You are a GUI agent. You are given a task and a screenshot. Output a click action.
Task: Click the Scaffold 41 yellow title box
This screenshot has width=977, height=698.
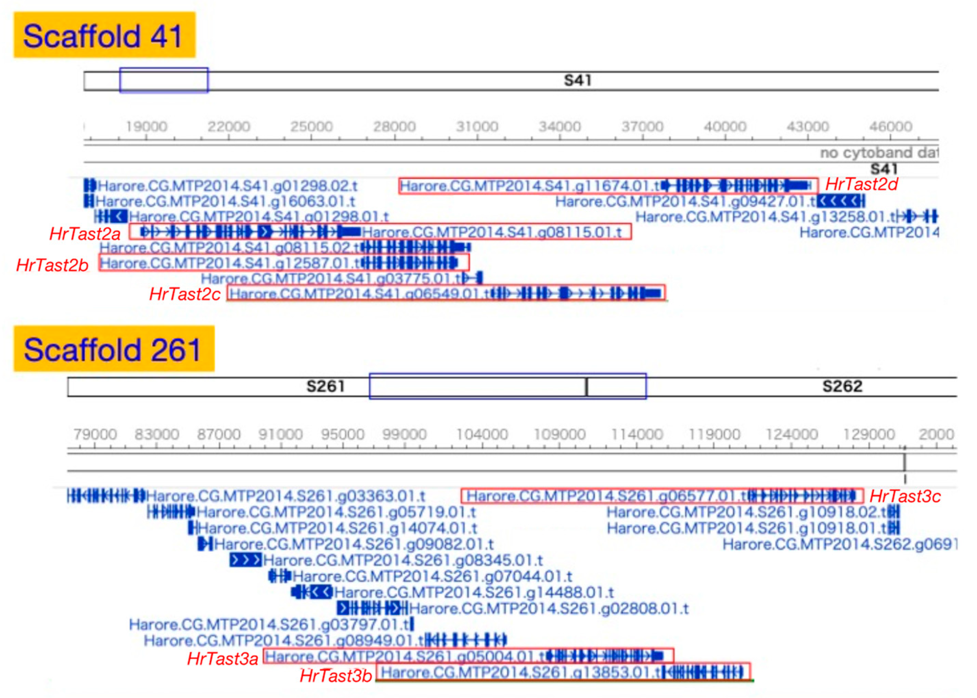104,35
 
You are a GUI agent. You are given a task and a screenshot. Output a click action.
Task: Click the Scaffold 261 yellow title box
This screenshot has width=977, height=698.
114,349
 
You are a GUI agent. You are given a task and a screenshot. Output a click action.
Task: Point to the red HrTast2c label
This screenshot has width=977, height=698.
184,294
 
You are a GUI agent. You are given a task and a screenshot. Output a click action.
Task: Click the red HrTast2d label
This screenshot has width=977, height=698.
861,184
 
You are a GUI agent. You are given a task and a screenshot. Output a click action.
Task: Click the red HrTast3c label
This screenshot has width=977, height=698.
905,496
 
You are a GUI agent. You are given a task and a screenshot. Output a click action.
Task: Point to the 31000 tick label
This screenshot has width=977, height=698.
477,126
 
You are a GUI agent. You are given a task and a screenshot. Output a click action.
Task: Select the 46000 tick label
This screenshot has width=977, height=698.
890,126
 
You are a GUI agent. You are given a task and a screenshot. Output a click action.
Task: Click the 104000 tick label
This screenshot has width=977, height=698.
481,434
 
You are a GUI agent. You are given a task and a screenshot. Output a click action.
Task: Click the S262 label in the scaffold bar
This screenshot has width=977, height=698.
842,386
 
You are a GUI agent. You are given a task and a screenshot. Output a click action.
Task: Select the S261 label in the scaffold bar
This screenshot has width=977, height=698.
325,386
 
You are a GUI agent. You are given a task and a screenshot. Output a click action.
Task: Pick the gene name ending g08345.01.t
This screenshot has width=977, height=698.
403,560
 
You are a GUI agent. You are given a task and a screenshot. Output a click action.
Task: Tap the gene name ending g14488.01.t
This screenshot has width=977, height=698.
474,592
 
